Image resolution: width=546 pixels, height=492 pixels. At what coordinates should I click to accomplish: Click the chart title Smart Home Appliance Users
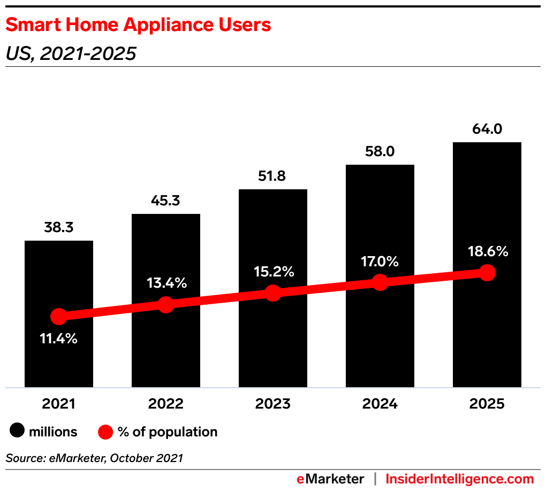[138, 25]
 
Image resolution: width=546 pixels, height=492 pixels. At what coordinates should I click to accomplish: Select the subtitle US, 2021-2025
[70, 53]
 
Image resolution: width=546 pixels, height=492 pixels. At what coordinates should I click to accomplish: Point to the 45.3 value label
[165, 201]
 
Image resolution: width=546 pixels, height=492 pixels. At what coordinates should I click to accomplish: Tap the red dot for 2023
[272, 293]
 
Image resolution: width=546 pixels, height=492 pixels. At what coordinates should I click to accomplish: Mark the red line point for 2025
[487, 273]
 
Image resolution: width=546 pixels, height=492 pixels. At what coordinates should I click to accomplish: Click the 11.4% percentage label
[58, 339]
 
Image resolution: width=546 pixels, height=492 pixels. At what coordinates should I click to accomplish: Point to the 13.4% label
[166, 283]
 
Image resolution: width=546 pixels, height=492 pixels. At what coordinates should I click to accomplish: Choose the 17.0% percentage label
[380, 262]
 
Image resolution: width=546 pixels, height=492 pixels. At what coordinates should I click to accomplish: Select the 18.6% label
[487, 251]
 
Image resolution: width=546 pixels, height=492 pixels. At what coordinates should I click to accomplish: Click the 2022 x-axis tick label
[165, 404]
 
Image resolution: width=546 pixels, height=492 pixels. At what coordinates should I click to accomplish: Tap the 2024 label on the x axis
[380, 404]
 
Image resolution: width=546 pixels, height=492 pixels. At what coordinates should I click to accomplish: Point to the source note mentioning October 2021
[94, 458]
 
